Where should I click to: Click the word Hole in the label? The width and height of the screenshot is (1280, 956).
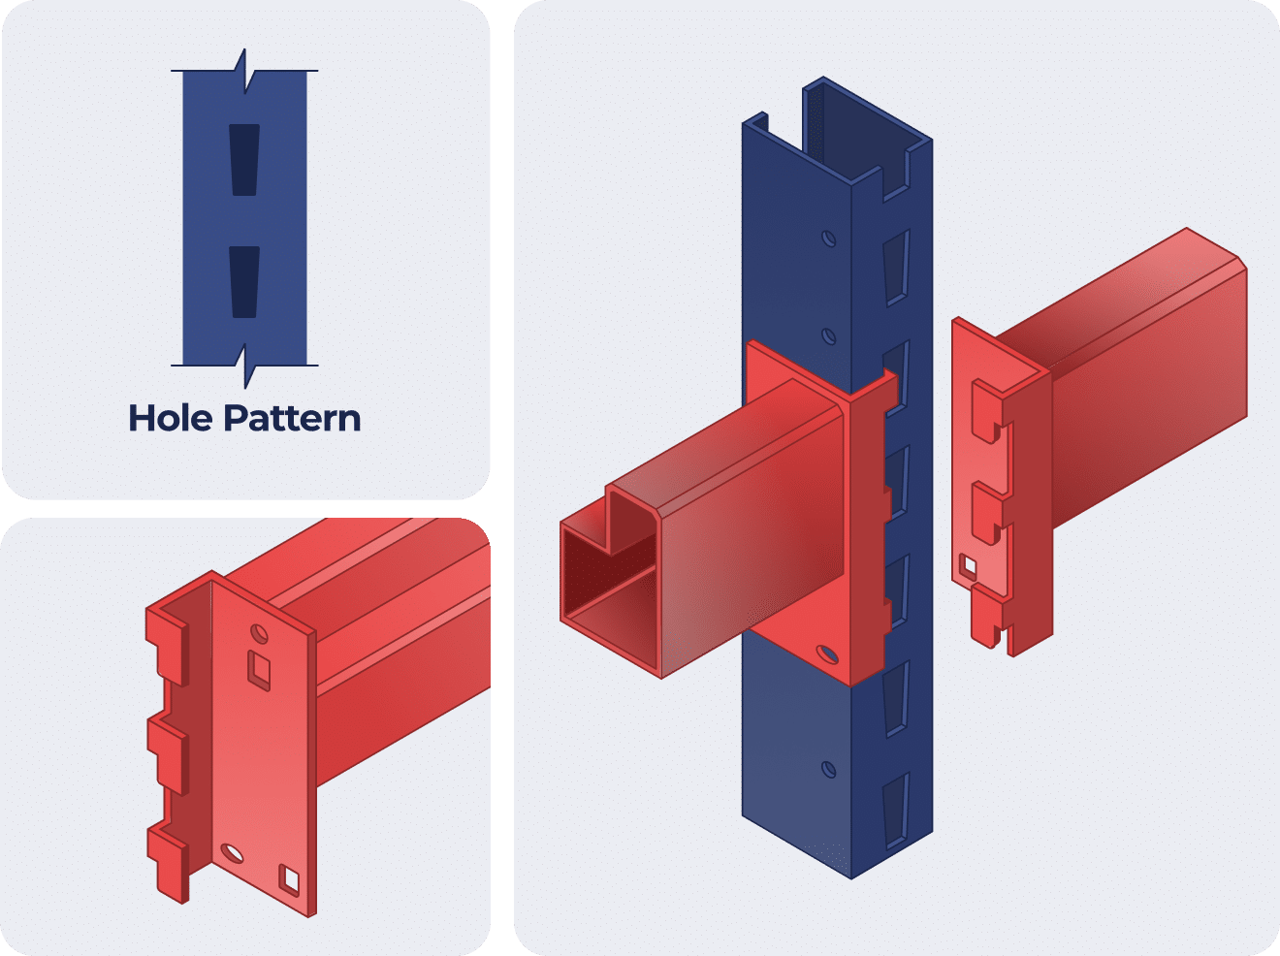pos(171,418)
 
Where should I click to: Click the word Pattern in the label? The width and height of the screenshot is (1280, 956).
pos(292,418)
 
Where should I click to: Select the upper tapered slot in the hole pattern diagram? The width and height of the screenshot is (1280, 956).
pos(244,159)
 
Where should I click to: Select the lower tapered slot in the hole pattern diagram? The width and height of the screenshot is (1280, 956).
pos(244,281)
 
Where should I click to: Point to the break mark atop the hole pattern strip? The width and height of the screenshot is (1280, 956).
pos(244,71)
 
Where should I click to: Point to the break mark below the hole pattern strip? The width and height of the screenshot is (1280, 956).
pos(244,366)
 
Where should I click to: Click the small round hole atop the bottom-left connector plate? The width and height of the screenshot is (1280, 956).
pos(258,633)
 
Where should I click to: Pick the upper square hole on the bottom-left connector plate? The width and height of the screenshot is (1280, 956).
pos(259,668)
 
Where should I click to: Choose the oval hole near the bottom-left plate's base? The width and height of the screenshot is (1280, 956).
pos(233,852)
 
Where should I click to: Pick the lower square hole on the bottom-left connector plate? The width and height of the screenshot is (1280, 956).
pos(290,878)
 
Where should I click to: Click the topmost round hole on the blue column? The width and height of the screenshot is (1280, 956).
pos(828,238)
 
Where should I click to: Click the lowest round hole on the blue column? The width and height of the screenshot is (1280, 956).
pos(828,770)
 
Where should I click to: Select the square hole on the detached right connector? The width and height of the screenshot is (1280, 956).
pos(968,564)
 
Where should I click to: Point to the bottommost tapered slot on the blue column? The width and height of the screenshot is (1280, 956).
pos(895,803)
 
